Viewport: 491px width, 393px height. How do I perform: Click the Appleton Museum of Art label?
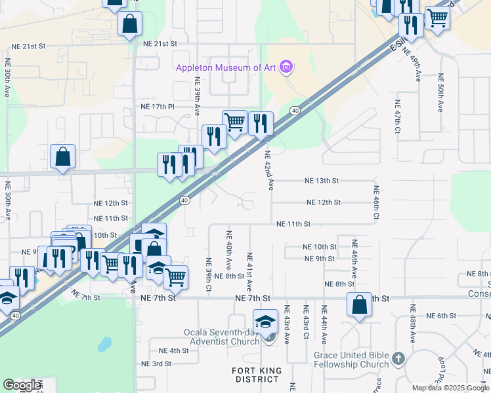click(x=225, y=67)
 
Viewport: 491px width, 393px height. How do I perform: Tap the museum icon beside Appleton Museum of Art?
click(x=285, y=67)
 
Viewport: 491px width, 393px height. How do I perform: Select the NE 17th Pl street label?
click(x=158, y=106)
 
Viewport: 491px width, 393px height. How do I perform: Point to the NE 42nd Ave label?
click(x=268, y=170)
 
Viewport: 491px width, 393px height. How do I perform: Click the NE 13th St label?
click(x=321, y=181)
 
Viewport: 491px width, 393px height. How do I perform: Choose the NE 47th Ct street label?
click(x=398, y=119)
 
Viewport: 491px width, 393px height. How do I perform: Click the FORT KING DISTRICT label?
click(x=257, y=375)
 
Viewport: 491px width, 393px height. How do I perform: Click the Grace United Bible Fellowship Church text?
click(x=351, y=360)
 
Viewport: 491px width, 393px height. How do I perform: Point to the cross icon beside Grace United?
click(x=399, y=358)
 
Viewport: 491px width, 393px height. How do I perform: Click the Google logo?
click(x=22, y=385)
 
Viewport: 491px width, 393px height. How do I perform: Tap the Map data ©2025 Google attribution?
click(x=451, y=388)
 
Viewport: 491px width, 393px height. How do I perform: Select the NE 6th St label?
click(x=441, y=316)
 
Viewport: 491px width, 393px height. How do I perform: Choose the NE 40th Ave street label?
click(x=229, y=250)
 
